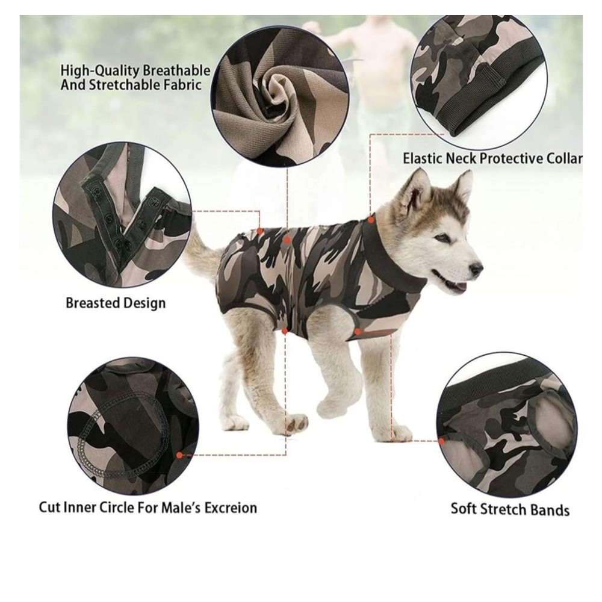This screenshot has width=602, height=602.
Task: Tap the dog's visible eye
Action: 442,238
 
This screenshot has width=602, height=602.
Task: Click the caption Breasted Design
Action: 116,303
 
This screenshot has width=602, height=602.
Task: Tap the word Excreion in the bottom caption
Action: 231,507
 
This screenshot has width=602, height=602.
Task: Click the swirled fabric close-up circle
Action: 281,98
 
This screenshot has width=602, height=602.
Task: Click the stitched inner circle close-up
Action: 133,427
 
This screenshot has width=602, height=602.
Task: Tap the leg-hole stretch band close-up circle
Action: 507,425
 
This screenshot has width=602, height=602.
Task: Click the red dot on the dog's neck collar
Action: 370,220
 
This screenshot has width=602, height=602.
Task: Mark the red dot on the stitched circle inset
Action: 179,455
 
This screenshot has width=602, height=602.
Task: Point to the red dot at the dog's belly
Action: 285,331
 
